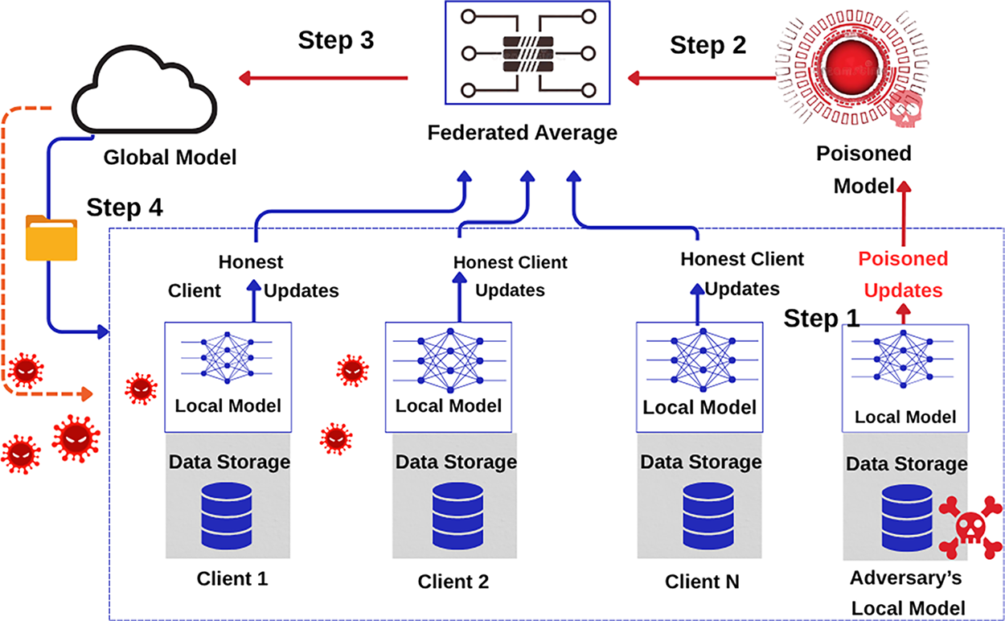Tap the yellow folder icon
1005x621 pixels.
pyautogui.click(x=51, y=237)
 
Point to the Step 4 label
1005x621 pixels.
pyautogui.click(x=125, y=208)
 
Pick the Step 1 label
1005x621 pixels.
pyautogui.click(x=822, y=319)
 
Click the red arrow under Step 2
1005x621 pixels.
pyautogui.click(x=699, y=78)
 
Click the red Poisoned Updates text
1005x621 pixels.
pyautogui.click(x=903, y=274)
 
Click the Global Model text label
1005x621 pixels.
pyautogui.click(x=170, y=156)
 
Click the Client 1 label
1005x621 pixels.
pyautogui.click(x=232, y=578)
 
